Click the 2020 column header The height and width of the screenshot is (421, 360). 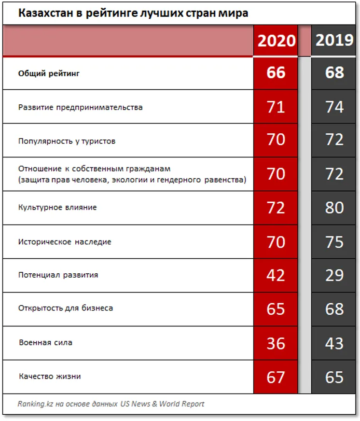[x=276, y=41]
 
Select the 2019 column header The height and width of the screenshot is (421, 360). [x=334, y=40]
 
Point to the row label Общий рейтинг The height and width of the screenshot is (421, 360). [x=49, y=73]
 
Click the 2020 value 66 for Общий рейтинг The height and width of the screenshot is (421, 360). [x=276, y=72]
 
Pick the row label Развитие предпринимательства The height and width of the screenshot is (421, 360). [x=80, y=107]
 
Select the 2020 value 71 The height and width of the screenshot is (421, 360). [x=276, y=107]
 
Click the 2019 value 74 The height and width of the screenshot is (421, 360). [x=334, y=107]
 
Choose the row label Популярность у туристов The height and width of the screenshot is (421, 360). [x=67, y=141]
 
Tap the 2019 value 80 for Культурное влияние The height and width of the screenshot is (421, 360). [x=334, y=208]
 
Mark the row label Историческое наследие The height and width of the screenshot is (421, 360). [x=65, y=241]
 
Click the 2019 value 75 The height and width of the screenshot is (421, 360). [x=334, y=241]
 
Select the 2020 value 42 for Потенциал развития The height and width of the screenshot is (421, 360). [x=276, y=275]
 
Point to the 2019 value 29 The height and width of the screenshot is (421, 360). [x=334, y=275]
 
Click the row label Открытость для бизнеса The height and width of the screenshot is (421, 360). [x=66, y=308]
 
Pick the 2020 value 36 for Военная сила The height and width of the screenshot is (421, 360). [x=276, y=343]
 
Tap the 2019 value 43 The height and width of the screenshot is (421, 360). [x=334, y=343]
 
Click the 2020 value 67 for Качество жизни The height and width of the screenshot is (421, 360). [x=276, y=377]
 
